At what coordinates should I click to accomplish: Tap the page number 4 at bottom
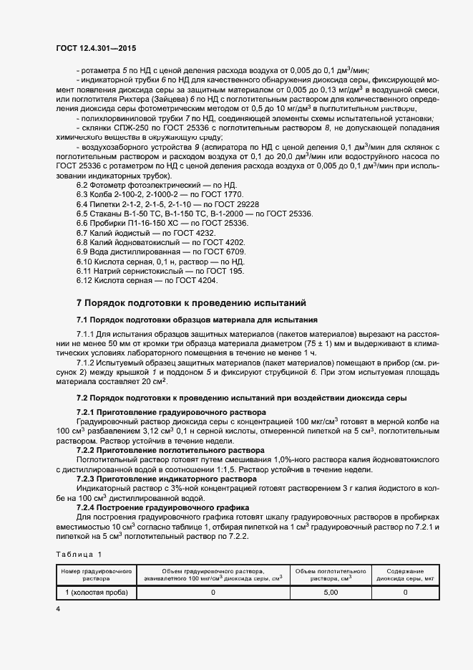coord(58,608)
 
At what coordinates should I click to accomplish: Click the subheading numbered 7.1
coord(197,319)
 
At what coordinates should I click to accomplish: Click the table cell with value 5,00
coord(331,593)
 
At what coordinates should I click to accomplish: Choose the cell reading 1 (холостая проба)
coord(96,593)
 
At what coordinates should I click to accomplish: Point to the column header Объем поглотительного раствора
coord(331,573)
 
